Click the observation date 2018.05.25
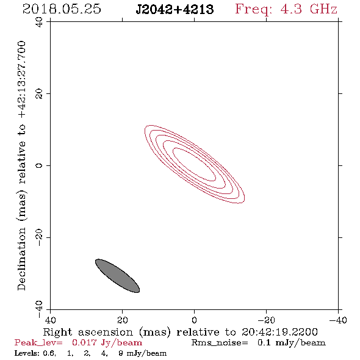62,9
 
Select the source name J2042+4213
175,9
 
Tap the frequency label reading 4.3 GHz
309,9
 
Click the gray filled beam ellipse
117,276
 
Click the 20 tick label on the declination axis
39,94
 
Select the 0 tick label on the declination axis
39,165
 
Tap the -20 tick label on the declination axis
39,237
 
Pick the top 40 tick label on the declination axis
39,22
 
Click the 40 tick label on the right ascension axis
50,320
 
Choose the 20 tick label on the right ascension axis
122,320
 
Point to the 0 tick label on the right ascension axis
194,320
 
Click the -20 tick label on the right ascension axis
266,320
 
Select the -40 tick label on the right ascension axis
338,320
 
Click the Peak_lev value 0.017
84,342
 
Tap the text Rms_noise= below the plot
220,342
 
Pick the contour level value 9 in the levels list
121,353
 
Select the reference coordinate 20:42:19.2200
279,332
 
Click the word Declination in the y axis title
21,259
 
